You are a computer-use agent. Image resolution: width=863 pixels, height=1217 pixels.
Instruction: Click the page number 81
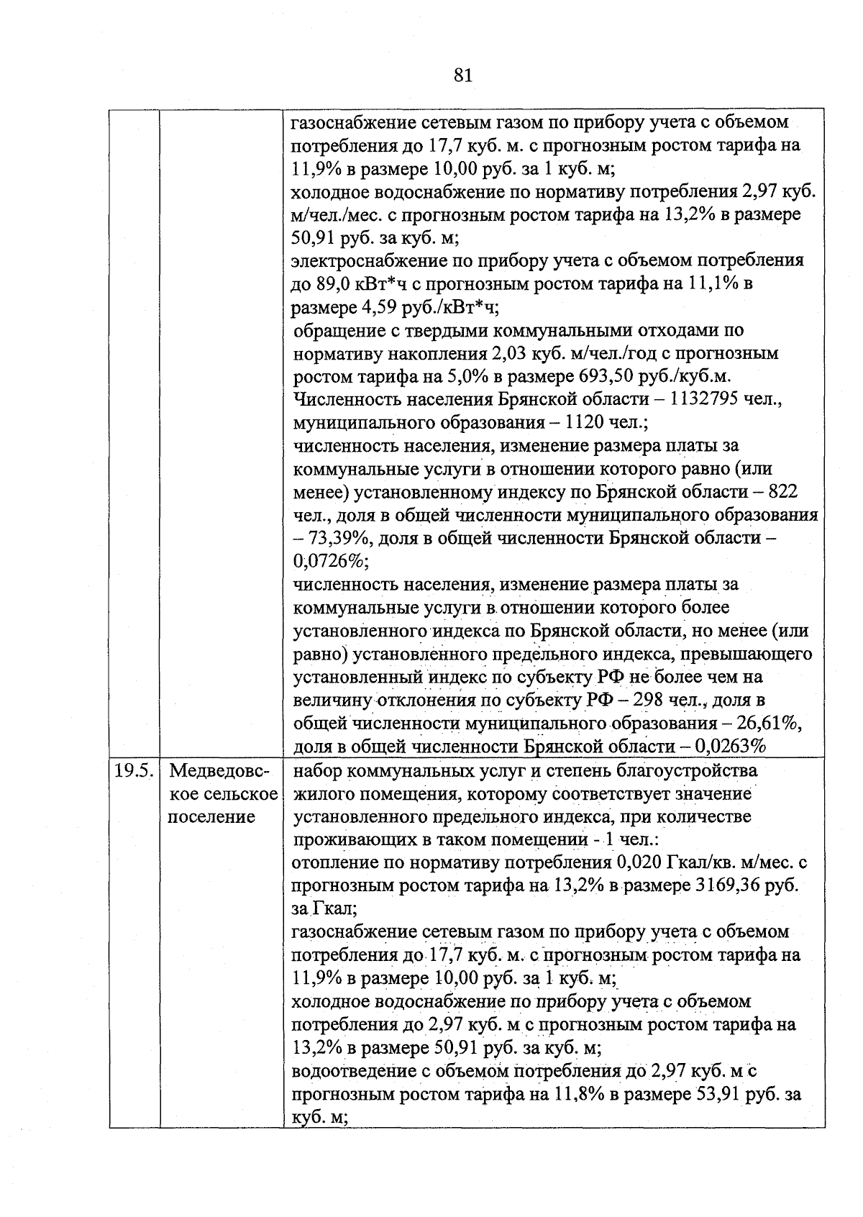pos(463,75)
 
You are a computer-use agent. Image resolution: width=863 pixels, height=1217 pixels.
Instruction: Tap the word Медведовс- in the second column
pos(219,771)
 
